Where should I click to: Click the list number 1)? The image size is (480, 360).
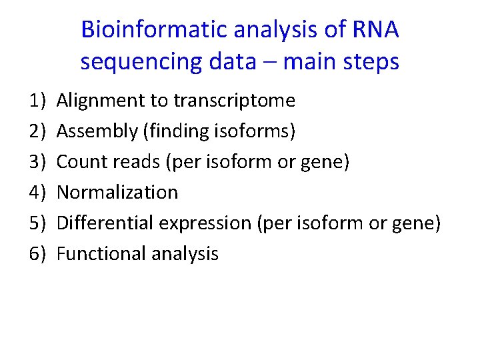coord(37,101)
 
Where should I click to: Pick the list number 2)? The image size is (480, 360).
coord(37,131)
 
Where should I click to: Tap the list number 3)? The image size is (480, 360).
coord(37,162)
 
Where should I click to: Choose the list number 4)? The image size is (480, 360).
coord(37,193)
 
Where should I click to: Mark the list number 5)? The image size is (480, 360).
coord(37,223)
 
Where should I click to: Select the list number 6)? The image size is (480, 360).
coord(37,254)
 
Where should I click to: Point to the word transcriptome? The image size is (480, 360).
coord(234,101)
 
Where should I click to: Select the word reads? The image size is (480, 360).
coord(129,162)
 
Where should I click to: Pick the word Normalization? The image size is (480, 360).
coord(117,193)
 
